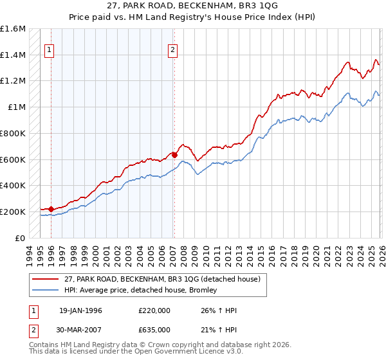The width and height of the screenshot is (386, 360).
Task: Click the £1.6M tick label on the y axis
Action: pos(13,29)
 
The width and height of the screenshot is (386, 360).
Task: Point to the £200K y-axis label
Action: pos(13,212)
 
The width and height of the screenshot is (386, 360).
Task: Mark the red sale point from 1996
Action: pos(51,209)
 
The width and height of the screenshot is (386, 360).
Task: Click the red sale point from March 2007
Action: pos(174,154)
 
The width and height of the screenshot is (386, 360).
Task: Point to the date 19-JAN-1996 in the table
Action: pos(80,310)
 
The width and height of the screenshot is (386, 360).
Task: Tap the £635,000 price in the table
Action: pos(155,328)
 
